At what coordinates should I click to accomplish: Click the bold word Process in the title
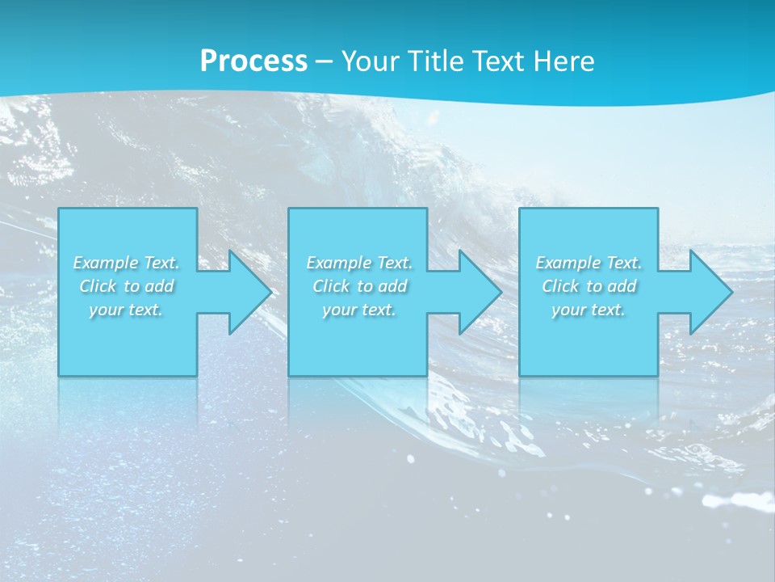pos(253,61)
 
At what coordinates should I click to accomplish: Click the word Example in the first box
pos(107,263)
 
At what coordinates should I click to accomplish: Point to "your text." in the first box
pos(126,310)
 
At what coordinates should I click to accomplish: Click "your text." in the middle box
pos(358,310)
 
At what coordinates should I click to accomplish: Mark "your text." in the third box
pos(588,310)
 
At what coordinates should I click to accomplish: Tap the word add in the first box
pos(159,286)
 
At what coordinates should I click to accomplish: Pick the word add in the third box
pos(622,286)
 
